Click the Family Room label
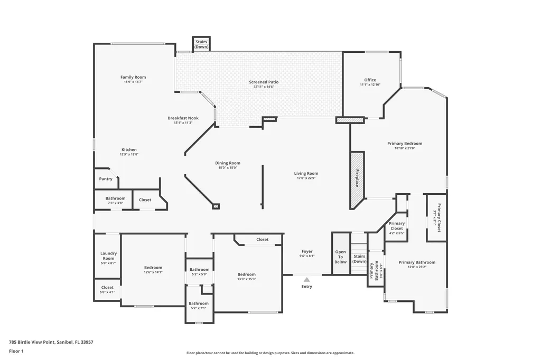[x=133, y=77]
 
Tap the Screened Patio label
[x=264, y=82]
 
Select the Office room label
[x=370, y=80]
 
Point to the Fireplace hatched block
[x=357, y=179]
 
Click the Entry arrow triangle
[x=306, y=279]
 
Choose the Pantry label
[x=106, y=179]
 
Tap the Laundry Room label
[x=108, y=256]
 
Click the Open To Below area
[x=341, y=257]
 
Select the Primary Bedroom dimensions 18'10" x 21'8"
[x=405, y=148]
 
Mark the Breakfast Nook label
[x=183, y=118]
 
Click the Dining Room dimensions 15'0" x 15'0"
[x=228, y=168]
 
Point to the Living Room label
[x=306, y=173]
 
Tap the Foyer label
[x=307, y=251]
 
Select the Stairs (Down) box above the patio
[x=201, y=44]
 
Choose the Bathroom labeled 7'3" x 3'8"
[x=115, y=198]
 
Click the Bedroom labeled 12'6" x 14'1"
[x=153, y=268]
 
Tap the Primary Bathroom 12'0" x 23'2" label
[x=417, y=262]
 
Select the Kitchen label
[x=129, y=149]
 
